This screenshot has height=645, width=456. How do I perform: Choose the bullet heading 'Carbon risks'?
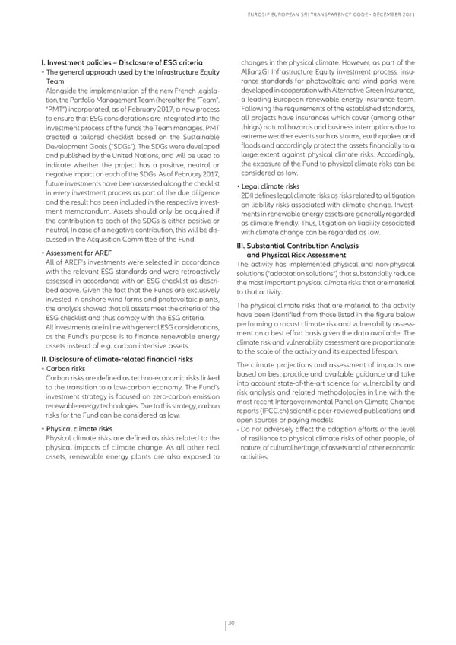[x=68, y=370]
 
